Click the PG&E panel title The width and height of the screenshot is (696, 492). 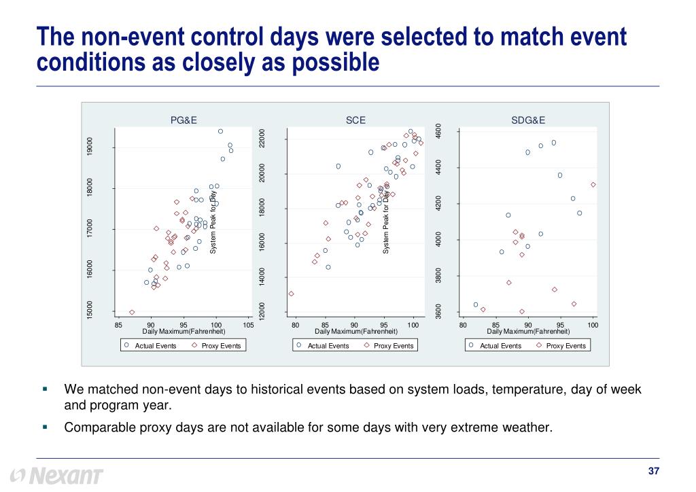coord(184,120)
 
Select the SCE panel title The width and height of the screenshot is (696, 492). coord(355,120)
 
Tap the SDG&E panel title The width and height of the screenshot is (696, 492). coord(528,120)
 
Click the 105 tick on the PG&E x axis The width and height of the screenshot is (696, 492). coord(248,326)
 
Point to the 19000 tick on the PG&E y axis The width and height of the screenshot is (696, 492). coord(90,147)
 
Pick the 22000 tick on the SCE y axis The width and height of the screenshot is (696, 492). coord(262,139)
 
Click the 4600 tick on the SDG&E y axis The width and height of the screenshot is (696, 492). coord(438,132)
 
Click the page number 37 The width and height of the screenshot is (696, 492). coord(655,472)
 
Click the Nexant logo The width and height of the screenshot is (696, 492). coord(58,475)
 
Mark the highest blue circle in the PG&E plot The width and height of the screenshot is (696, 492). coord(220,131)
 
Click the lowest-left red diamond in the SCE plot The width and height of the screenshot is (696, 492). coord(291,294)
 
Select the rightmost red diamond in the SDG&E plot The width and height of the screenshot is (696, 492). coord(593,184)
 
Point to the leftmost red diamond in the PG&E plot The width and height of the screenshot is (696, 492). coord(131,312)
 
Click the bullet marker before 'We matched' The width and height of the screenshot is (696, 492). coord(44,389)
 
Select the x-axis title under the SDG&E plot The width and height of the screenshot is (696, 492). coord(528,331)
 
